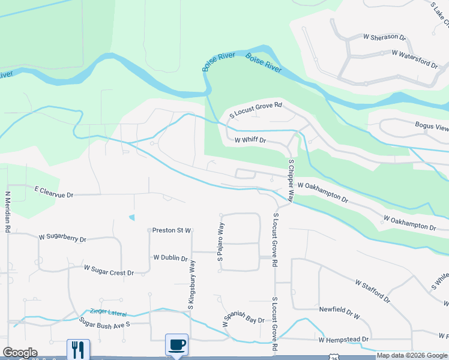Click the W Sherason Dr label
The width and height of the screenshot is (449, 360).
[x=385, y=37]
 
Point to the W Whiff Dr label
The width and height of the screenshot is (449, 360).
[x=250, y=140]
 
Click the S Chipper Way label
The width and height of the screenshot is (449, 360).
[x=291, y=180]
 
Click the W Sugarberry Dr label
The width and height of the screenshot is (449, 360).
[x=62, y=239]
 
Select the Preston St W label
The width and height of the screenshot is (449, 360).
[x=171, y=230]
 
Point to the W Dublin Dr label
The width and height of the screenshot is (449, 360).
[x=171, y=257]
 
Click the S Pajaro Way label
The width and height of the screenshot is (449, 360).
[x=220, y=242]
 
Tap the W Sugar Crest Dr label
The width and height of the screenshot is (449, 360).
[x=109, y=270]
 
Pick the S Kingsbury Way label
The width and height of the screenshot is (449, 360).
[x=191, y=285]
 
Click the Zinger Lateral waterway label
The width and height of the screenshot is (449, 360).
[x=110, y=311]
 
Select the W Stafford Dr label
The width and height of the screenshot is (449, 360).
[x=372, y=290]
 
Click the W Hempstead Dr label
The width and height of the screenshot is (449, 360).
[x=343, y=340]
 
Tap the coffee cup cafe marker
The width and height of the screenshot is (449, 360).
[x=177, y=345]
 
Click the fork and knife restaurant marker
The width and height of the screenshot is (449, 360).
[x=78, y=349]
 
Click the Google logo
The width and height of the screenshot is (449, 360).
[x=20, y=353]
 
